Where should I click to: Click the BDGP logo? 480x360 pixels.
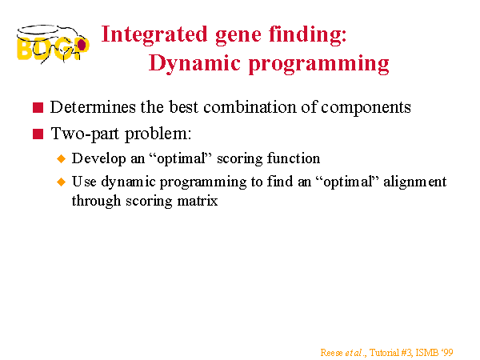point(53,44)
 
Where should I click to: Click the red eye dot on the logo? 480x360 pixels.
point(82,45)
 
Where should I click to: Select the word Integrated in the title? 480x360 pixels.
point(154,35)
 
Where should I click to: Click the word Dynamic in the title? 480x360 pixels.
point(194,64)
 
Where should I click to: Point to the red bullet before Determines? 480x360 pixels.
point(38,107)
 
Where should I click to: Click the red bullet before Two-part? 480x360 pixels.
point(38,134)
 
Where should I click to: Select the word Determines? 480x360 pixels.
point(93,107)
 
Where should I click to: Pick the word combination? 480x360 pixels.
point(250,107)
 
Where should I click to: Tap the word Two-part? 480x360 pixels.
point(85,134)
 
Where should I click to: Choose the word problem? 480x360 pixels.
point(158,134)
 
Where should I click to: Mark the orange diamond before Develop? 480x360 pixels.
point(62,158)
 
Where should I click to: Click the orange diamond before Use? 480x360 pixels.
point(62,182)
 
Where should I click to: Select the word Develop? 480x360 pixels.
point(99,159)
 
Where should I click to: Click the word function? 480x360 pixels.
point(294,158)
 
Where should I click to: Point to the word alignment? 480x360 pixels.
point(414,182)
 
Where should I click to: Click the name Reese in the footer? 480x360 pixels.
point(331,353)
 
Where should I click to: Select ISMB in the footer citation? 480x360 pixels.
point(426,353)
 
